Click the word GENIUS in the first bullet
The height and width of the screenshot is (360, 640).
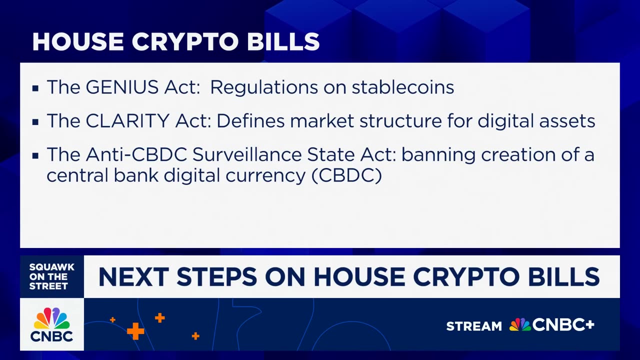[x=122, y=87]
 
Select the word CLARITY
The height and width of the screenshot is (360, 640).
[x=127, y=120]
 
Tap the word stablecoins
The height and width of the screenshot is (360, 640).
[x=403, y=87]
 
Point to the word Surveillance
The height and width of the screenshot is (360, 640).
[x=247, y=154]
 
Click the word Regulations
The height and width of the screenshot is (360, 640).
[x=264, y=87]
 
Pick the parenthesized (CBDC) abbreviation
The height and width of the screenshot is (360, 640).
[x=347, y=175]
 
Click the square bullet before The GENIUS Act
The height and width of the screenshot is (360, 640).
[x=35, y=88]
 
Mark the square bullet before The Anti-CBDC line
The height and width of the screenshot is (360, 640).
[x=35, y=155]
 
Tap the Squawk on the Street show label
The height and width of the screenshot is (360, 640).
[x=51, y=276]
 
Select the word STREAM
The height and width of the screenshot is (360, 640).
[x=474, y=326]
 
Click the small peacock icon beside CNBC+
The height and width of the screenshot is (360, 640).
[x=520, y=324]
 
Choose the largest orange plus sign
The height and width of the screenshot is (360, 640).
[x=135, y=331]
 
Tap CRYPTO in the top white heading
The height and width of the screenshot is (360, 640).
[x=185, y=41]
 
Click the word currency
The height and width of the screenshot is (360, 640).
[x=265, y=176]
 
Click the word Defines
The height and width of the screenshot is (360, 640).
[x=250, y=120]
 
